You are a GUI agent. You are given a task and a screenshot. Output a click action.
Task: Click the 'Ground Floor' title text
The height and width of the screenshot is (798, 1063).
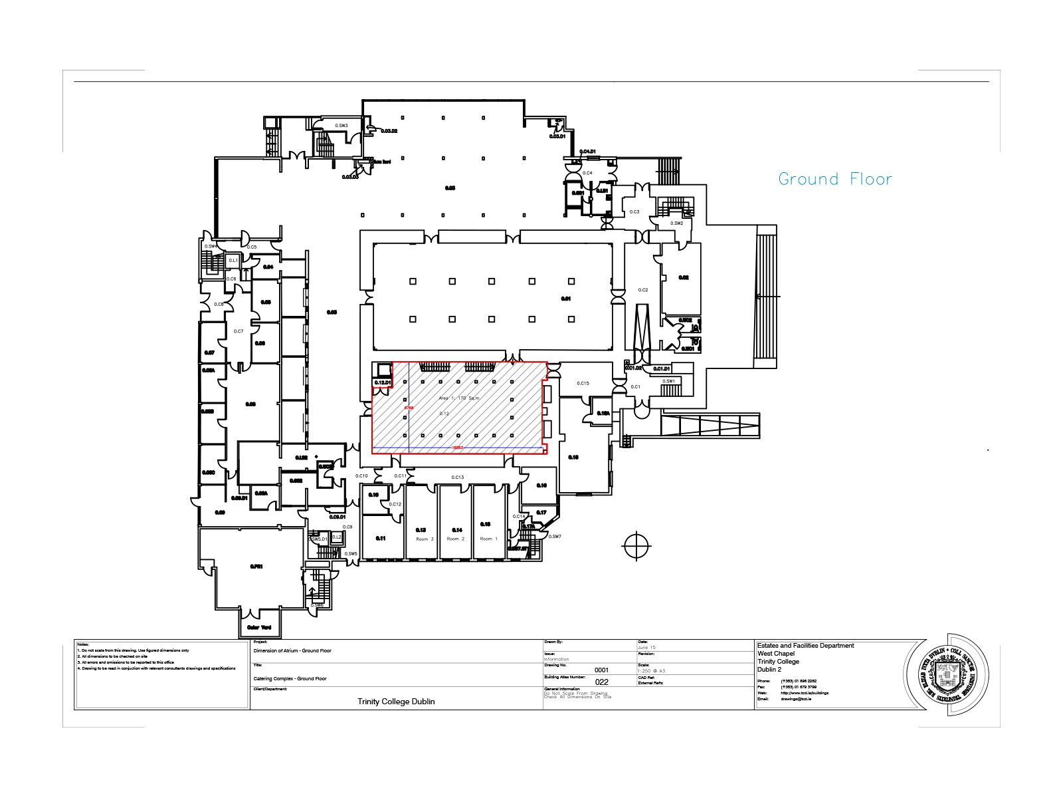[834, 179]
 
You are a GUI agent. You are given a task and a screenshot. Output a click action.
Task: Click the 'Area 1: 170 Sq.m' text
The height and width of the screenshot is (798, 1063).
[458, 398]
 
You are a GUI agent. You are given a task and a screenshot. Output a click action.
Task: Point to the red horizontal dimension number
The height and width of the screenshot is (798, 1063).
[457, 448]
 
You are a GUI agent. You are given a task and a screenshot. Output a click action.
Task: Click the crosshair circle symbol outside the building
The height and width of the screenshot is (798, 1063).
[636, 546]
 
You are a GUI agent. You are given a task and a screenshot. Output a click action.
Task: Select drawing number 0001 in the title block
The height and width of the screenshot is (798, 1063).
[601, 670]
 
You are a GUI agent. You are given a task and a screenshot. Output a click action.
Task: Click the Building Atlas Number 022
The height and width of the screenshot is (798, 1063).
[601, 682]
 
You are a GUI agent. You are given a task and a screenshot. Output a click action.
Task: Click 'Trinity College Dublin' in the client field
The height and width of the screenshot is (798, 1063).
[396, 702]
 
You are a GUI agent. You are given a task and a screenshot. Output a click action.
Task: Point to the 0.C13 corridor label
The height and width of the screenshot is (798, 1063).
[457, 477]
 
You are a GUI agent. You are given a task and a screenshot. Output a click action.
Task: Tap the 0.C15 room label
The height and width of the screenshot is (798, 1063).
[583, 383]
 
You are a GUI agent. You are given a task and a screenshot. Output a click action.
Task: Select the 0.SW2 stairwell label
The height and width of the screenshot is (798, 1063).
[676, 223]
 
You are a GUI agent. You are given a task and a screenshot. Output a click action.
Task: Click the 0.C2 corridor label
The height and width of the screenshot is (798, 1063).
[642, 290]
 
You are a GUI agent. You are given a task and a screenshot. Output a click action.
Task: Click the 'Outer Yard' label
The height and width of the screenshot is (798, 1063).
[259, 627]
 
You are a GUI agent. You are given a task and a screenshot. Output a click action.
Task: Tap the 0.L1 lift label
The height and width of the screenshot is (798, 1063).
[233, 261]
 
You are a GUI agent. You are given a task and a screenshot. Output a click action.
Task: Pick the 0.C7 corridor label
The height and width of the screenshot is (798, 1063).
[239, 331]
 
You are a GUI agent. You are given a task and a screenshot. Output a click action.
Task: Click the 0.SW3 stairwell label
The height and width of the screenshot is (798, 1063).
[341, 126]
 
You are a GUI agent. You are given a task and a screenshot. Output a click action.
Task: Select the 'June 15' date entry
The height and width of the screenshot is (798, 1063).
[646, 647]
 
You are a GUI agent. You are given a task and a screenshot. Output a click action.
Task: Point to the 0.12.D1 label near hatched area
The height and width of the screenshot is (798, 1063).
[382, 382]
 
